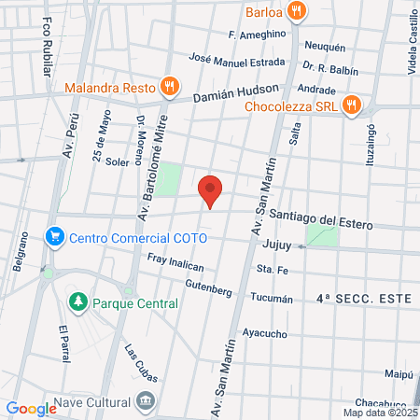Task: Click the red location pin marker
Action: (211, 191)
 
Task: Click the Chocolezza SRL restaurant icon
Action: (351, 105)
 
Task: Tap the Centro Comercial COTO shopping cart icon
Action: (55, 237)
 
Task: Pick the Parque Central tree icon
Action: (78, 303)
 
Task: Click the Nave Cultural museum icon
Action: (146, 402)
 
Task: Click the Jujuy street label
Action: (278, 245)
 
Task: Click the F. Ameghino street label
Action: (257, 35)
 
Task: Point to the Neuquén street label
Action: (326, 47)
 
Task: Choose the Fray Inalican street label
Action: (175, 264)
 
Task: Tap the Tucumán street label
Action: (272, 300)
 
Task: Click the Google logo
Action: (31, 408)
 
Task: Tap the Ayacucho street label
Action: (265, 333)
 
